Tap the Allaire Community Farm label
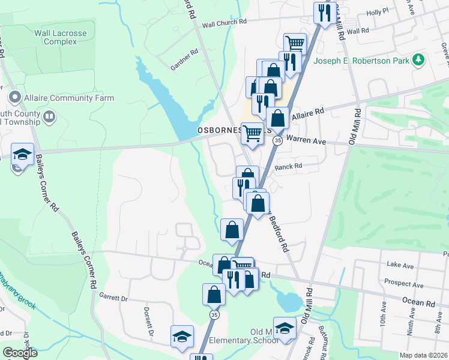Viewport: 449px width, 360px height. (x=68, y=98)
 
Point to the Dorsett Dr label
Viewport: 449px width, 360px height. (x=148, y=322)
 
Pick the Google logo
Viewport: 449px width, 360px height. (x=20, y=353)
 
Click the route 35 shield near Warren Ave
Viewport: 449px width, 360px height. (x=277, y=140)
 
